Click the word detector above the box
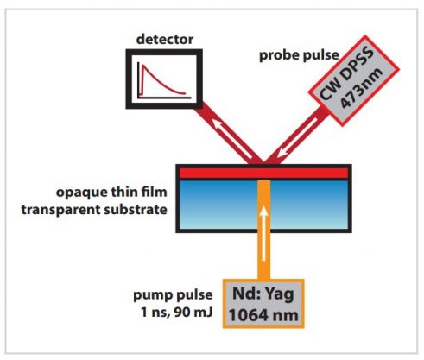tap(165, 40)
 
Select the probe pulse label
tap(299, 56)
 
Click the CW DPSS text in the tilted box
tap(346, 74)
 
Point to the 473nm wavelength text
tap(362, 89)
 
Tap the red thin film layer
tap(263, 173)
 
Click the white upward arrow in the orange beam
tap(263, 232)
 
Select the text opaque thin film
tap(111, 193)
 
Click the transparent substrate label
tap(94, 210)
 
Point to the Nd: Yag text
tap(263, 294)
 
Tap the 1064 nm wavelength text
tap(263, 315)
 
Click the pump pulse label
tap(173, 295)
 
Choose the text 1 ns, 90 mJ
tap(176, 313)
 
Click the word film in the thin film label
tap(155, 192)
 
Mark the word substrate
tap(136, 209)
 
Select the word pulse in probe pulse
tap(320, 56)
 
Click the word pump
tap(153, 296)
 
